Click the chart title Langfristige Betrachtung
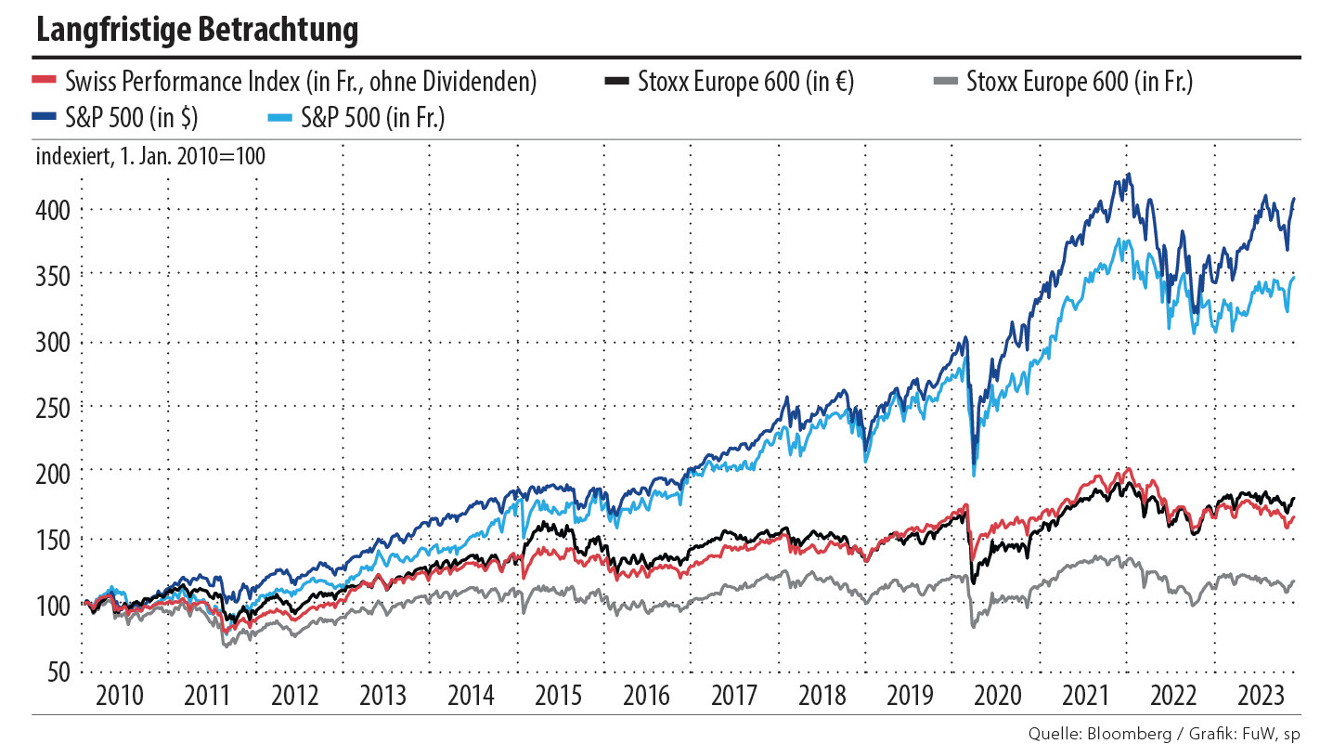pos(197,30)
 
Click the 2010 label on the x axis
pos(121,696)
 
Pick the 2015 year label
pos(558,696)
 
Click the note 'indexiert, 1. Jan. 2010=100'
pos(150,156)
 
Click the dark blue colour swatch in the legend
pos(45,118)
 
